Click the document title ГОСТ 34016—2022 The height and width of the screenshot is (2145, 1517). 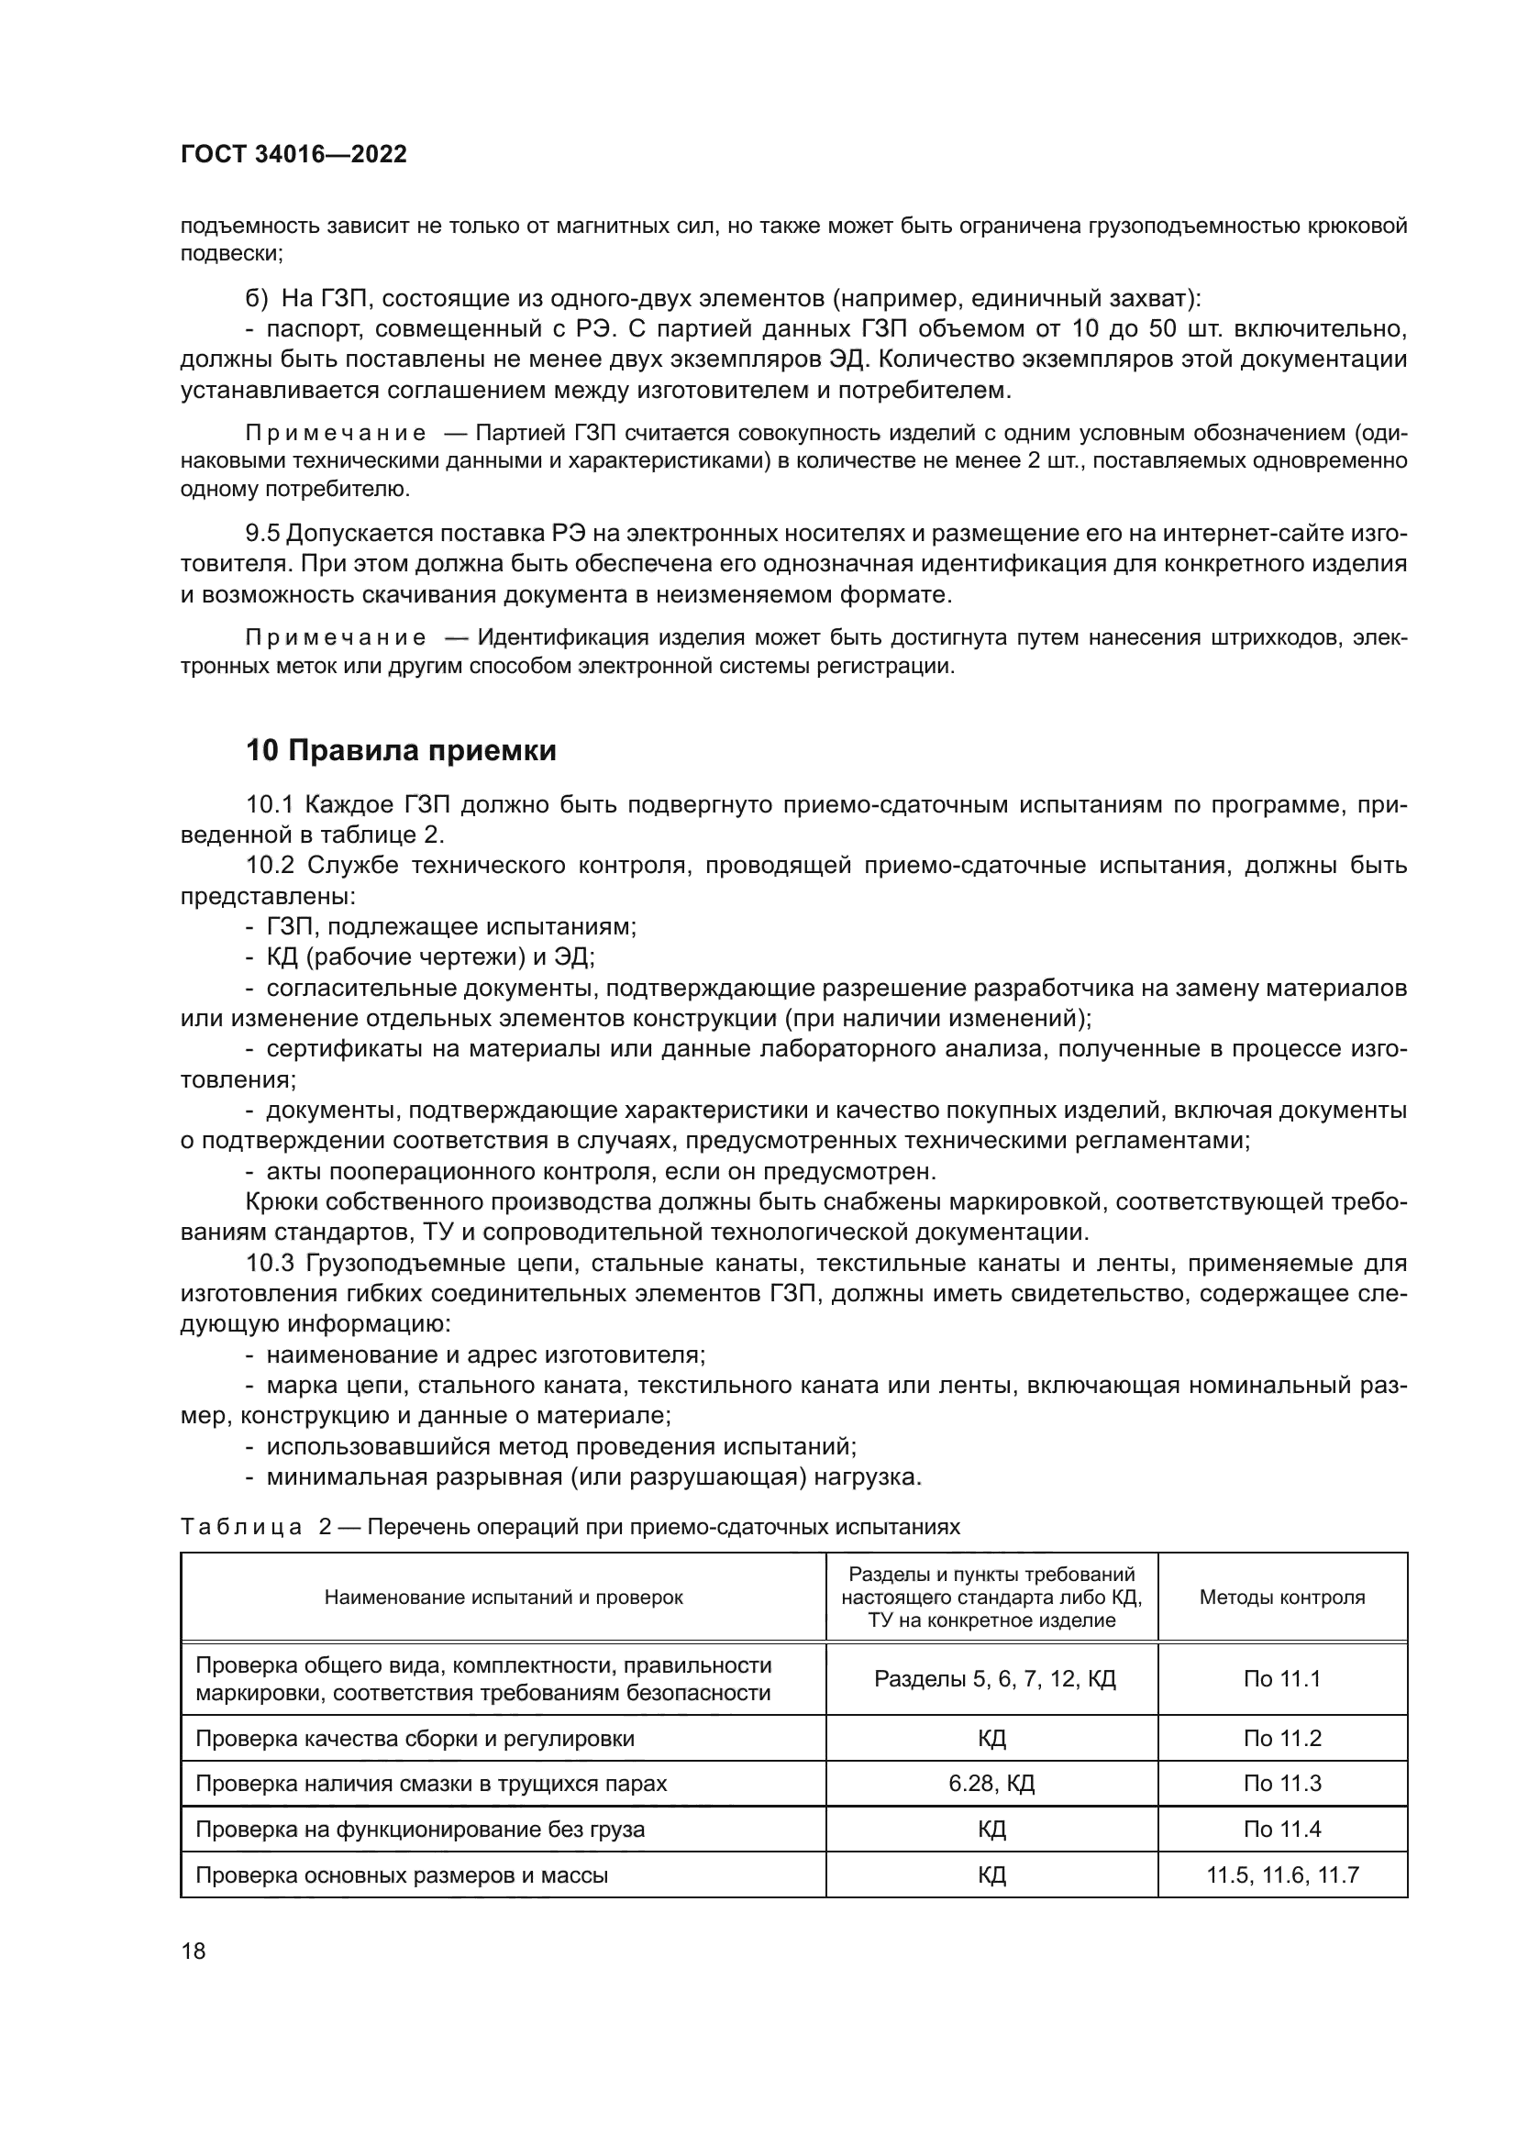click(293, 154)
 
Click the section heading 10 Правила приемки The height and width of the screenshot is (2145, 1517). click(401, 750)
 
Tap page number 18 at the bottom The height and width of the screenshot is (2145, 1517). click(194, 1951)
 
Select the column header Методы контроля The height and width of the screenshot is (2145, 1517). click(1281, 1597)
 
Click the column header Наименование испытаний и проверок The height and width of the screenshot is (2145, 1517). click(504, 1597)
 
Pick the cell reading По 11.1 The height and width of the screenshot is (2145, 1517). click(1281, 1679)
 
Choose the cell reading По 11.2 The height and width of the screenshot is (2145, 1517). click(1281, 1739)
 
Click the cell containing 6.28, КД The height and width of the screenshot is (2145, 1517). click(991, 1784)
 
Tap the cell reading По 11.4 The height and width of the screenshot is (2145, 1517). click(1281, 1829)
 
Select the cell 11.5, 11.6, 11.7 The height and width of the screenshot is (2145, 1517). click(1281, 1874)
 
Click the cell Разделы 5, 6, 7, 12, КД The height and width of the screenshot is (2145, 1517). click(994, 1679)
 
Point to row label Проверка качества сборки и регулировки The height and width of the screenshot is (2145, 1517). click(415, 1739)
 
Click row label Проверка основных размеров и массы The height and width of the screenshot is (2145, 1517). click(402, 1874)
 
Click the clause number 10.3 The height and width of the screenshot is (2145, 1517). click(270, 1263)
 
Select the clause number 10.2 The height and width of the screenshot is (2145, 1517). click(270, 865)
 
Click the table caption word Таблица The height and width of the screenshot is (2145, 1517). click(240, 1527)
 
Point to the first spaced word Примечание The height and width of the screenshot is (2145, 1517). click(336, 433)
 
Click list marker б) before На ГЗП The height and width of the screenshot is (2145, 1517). click(256, 298)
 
